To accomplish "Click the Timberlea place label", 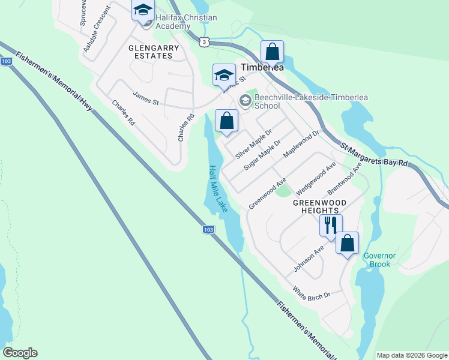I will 262,68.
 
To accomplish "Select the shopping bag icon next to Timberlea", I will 272,52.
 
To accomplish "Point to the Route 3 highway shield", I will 205,41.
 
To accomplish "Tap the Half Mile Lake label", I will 217,188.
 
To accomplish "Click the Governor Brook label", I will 379,260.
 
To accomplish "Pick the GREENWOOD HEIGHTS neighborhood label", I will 319,207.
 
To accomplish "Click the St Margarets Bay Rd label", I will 374,154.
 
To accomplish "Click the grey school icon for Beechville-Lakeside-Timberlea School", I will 245,100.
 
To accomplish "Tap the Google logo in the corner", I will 20,353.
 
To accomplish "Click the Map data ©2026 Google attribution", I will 411,355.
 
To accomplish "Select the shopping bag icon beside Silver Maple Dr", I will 226,122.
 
